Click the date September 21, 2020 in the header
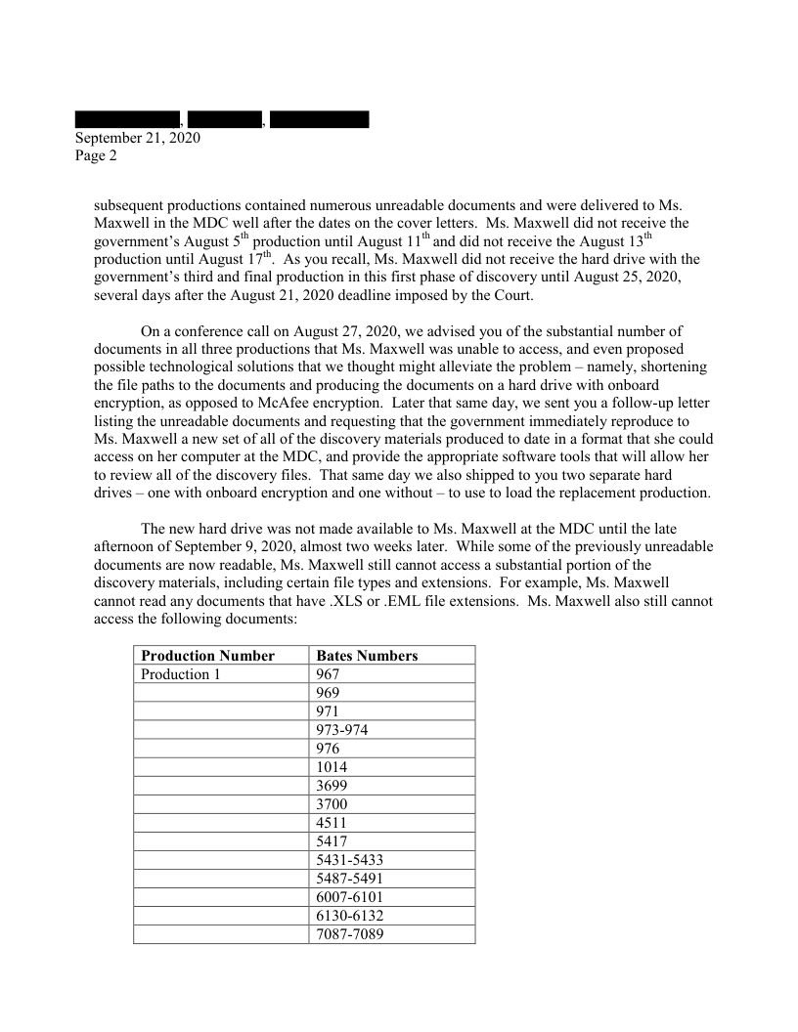click(x=138, y=138)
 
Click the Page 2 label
click(x=96, y=155)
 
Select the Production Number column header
click(x=207, y=656)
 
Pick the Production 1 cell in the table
click(x=175, y=674)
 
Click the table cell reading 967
click(x=331, y=674)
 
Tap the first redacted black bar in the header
click(x=127, y=120)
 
